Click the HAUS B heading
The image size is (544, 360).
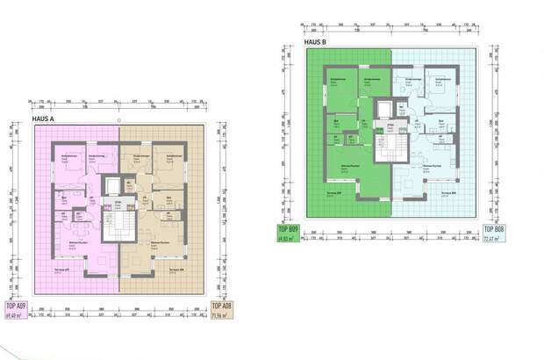coord(316,41)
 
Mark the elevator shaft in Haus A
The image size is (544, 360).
coord(111,187)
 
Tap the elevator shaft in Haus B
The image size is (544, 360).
coord(385,111)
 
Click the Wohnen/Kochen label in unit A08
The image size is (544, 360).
coord(159,243)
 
